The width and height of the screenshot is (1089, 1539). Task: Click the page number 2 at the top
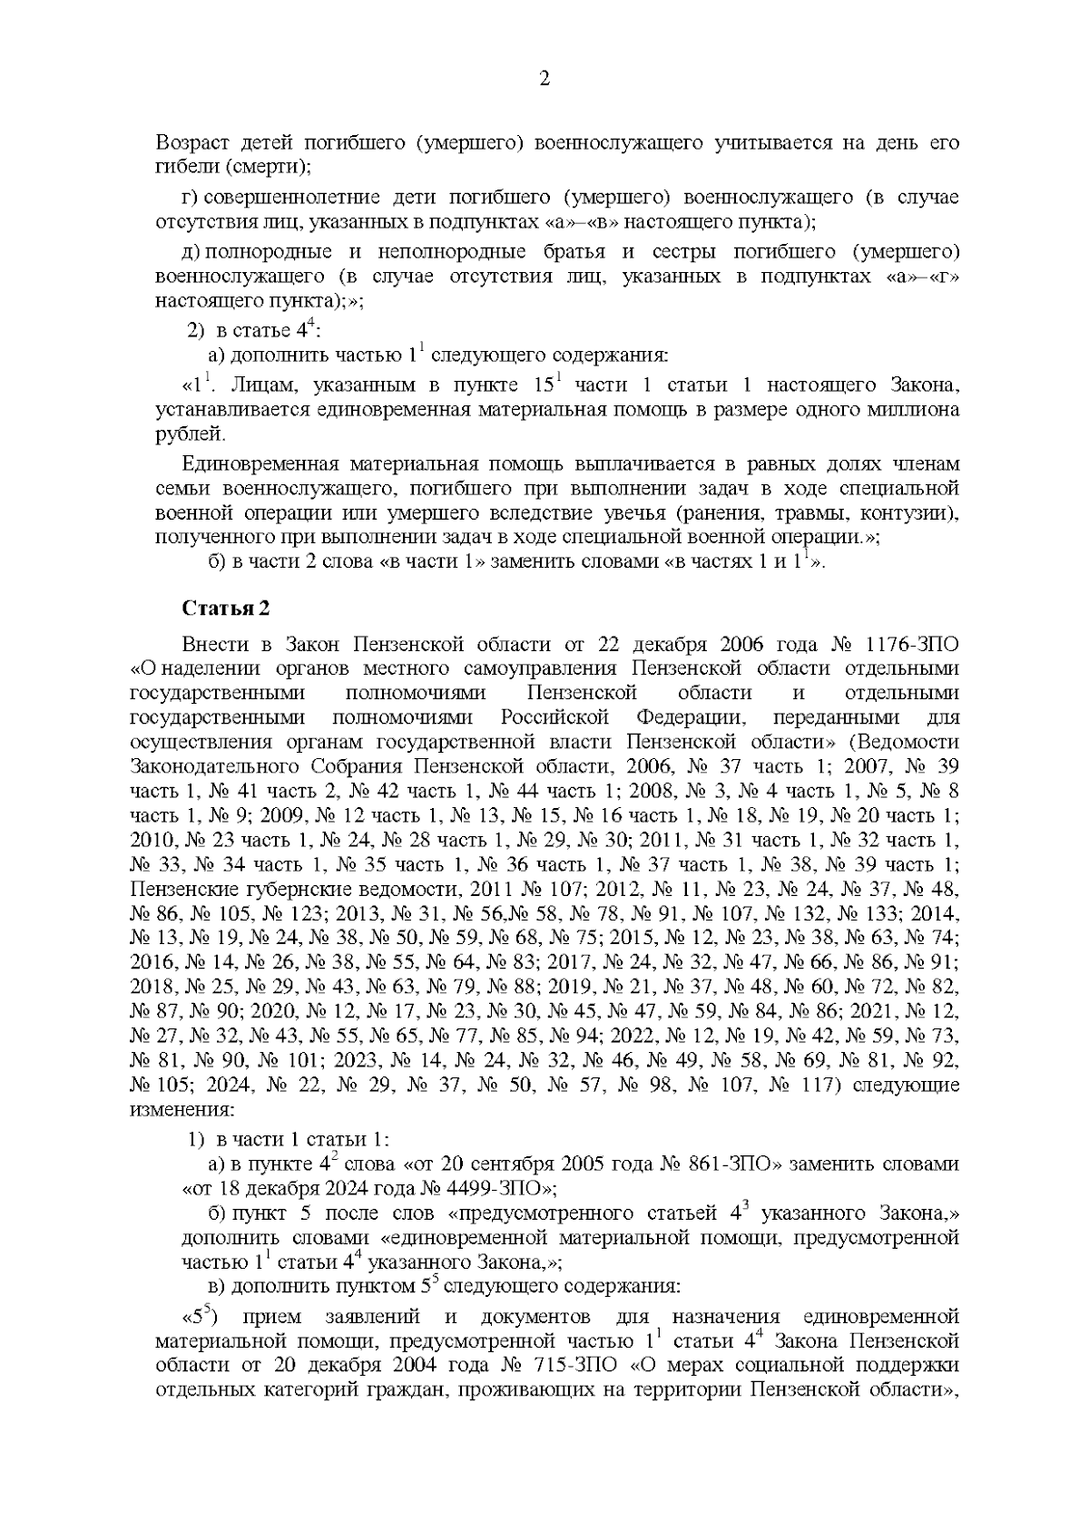click(x=544, y=79)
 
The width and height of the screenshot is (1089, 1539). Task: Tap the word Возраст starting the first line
click(x=193, y=143)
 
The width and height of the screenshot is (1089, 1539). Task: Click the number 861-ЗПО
click(x=737, y=1164)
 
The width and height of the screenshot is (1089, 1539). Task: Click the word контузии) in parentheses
click(x=917, y=513)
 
